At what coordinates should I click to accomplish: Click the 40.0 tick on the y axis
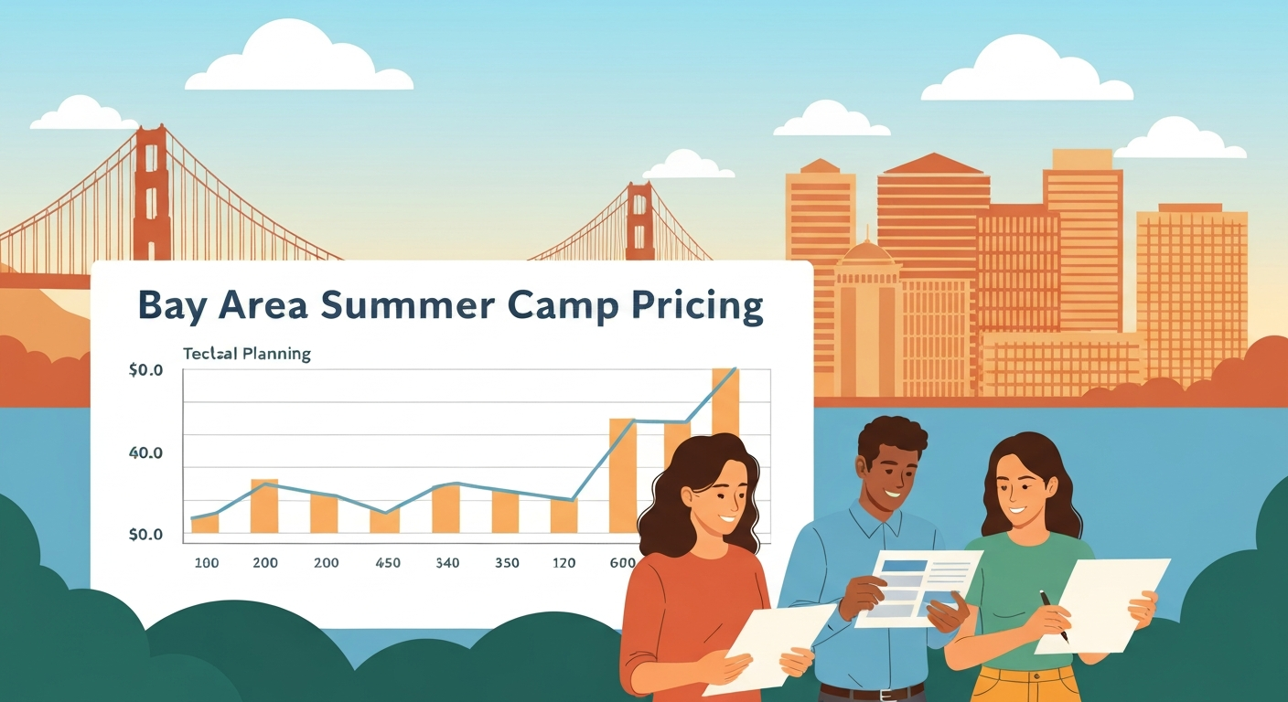[145, 453]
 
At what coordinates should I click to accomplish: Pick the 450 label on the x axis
[388, 563]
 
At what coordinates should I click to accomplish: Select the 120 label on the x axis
[563, 563]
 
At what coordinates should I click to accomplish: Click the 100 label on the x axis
[207, 563]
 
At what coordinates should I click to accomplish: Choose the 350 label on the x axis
[506, 563]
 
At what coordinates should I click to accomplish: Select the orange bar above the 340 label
[445, 508]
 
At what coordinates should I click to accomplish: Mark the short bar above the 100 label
[205, 523]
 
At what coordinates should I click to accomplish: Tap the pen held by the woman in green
[1053, 614]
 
